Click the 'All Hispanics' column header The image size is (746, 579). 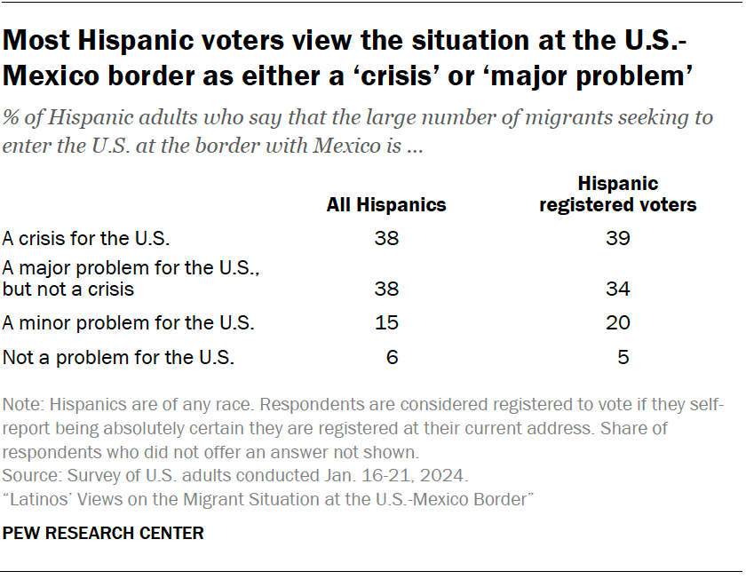tap(386, 205)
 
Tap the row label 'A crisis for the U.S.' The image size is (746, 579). tap(86, 238)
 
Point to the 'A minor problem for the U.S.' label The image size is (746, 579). tap(129, 323)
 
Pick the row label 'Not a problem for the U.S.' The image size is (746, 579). tap(118, 358)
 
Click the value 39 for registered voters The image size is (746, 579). tap(617, 238)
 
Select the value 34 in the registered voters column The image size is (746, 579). tap(617, 289)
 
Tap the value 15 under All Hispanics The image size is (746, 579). tap(387, 323)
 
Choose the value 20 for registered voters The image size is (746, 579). tap(617, 323)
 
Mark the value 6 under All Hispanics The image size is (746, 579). tap(393, 358)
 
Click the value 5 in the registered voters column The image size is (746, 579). tap(623, 358)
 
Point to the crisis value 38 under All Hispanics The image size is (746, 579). tap(387, 238)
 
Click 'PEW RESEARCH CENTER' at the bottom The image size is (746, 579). tap(104, 534)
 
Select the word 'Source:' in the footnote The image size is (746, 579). tap(30, 474)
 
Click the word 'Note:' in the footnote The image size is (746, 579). tap(24, 405)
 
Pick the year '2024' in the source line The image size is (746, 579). tap(448, 474)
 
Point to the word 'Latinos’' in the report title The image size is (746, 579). tap(37, 499)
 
